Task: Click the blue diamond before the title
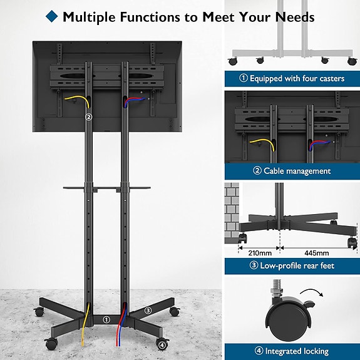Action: (52, 16)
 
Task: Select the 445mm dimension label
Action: (317, 253)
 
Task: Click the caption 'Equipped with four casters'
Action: (291, 79)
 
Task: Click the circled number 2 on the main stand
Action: (88, 116)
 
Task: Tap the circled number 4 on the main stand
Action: (162, 344)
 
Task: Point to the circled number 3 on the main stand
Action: (148, 310)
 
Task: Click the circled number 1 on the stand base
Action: (106, 319)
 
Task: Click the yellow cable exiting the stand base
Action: (86, 326)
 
